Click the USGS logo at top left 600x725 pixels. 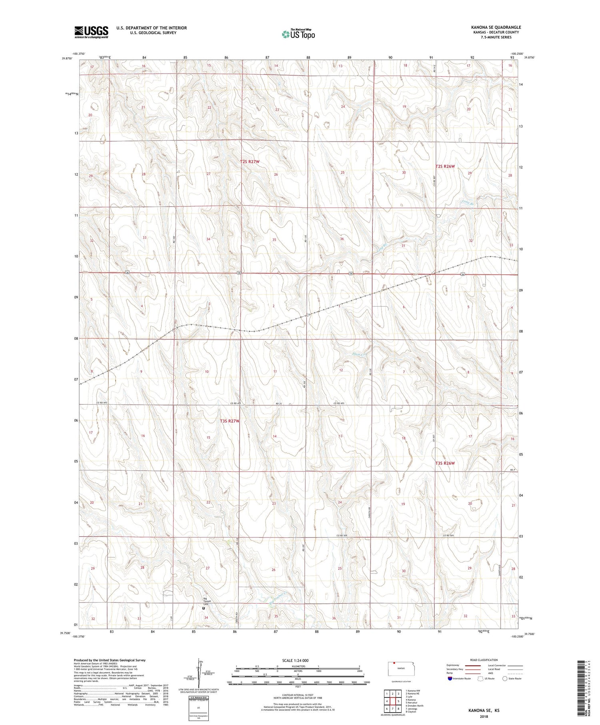[x=91, y=32]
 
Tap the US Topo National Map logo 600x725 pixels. [x=298, y=34]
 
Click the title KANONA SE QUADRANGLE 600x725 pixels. [x=496, y=27]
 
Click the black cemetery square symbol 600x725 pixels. [x=203, y=608]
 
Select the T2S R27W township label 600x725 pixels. [x=250, y=162]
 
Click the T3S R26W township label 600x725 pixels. [x=445, y=463]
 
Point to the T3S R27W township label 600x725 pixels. [x=229, y=421]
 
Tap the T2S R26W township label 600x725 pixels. [x=445, y=166]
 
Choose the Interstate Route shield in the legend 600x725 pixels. [x=450, y=678]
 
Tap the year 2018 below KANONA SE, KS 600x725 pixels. [x=484, y=716]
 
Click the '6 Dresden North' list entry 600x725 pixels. [x=414, y=705]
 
